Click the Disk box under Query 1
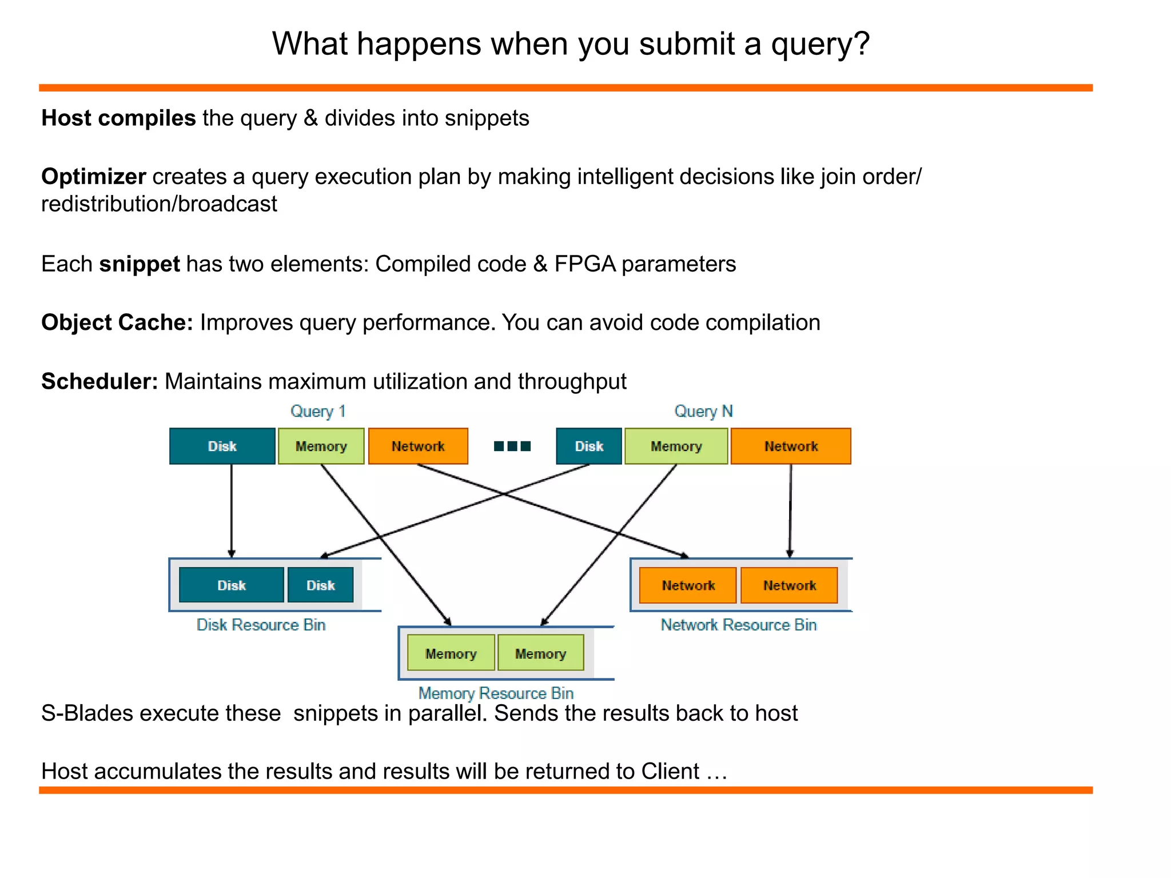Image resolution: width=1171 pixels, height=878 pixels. click(x=222, y=446)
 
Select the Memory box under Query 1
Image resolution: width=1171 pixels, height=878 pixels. click(x=321, y=446)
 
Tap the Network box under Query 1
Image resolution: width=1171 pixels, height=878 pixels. click(x=418, y=446)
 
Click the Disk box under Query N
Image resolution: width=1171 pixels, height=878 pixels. click(x=588, y=446)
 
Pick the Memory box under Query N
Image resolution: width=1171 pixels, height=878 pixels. click(x=676, y=446)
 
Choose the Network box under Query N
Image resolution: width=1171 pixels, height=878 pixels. click(x=791, y=446)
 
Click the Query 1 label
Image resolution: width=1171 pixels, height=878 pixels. click(x=318, y=411)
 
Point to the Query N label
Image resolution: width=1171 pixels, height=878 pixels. click(x=703, y=411)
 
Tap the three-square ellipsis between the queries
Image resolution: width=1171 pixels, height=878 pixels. click(x=512, y=446)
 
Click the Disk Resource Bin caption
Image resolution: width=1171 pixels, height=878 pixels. click(x=261, y=625)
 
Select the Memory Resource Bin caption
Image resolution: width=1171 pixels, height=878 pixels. click(x=496, y=693)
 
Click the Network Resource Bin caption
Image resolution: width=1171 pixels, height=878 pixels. click(x=738, y=625)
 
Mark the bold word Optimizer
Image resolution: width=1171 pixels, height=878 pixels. click(x=93, y=177)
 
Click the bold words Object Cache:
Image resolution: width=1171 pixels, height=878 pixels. click(x=117, y=322)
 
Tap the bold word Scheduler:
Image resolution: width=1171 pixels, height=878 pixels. click(x=99, y=381)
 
